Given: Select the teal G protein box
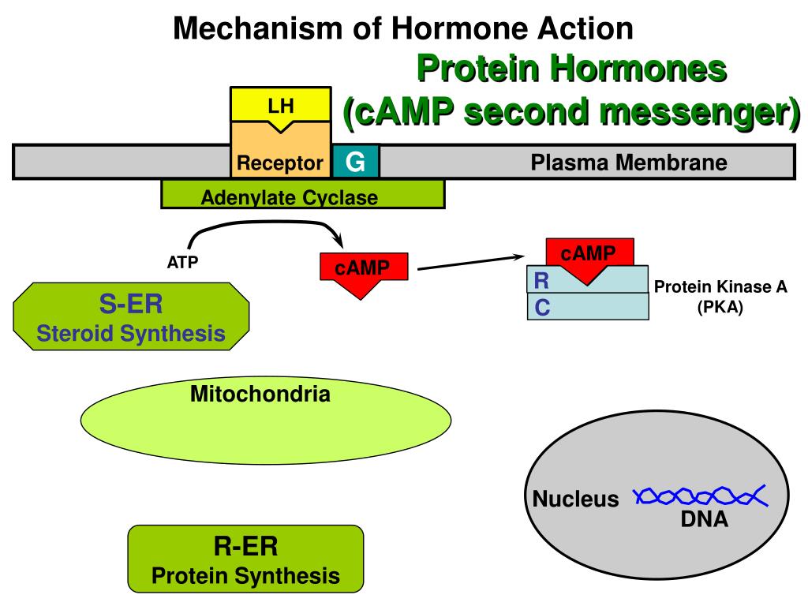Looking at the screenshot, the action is click(x=356, y=161).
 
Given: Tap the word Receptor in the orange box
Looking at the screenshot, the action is click(x=280, y=163).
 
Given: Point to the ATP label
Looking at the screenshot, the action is click(x=182, y=262).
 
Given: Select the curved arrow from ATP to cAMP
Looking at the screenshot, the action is click(x=263, y=223).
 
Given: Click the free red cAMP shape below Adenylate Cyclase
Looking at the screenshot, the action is click(x=364, y=274).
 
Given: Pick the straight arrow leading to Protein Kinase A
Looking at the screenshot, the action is click(x=471, y=262).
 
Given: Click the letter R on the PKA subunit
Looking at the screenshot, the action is click(x=541, y=281).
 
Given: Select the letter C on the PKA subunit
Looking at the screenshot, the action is click(x=542, y=308).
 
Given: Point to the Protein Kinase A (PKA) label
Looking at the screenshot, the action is click(x=720, y=297).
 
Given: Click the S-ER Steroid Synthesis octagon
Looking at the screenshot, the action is click(x=131, y=316).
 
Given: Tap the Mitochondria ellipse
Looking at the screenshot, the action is click(x=266, y=421).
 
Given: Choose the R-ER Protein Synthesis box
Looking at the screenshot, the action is click(x=246, y=559).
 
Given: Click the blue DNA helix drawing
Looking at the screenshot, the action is click(x=701, y=496).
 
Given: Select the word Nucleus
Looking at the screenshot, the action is click(x=575, y=499).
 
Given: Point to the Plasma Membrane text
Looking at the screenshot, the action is click(x=629, y=163).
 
